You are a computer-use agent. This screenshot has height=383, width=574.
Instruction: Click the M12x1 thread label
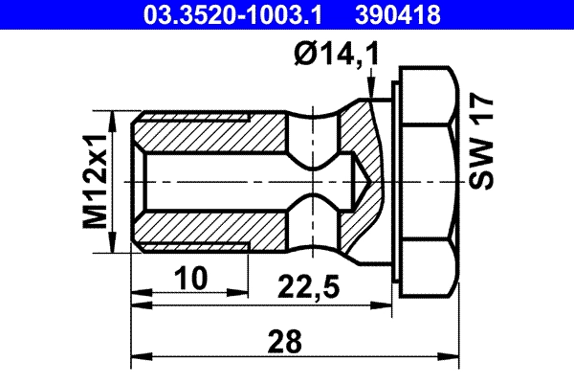95,181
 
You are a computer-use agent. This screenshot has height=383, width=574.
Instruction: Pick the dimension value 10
193,279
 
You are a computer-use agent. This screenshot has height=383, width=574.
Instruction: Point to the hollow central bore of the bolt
230,181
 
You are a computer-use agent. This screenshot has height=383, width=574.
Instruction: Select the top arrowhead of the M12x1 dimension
117,118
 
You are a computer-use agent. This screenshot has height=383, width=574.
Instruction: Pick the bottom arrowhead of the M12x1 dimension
117,244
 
